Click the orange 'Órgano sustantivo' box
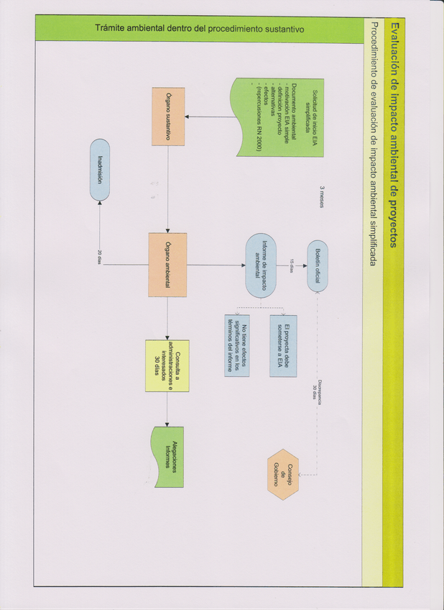pos(168,117)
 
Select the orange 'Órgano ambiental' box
pos(168,265)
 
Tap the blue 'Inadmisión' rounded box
pos(100,170)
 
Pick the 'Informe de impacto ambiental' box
pos(262,265)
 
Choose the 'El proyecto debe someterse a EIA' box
pos(282,345)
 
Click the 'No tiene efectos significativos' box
pos(237,345)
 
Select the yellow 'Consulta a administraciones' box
pos(167,365)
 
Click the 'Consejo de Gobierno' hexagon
pos(282,475)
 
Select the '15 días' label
pos(292,266)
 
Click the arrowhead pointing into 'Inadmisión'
pos(100,204)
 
